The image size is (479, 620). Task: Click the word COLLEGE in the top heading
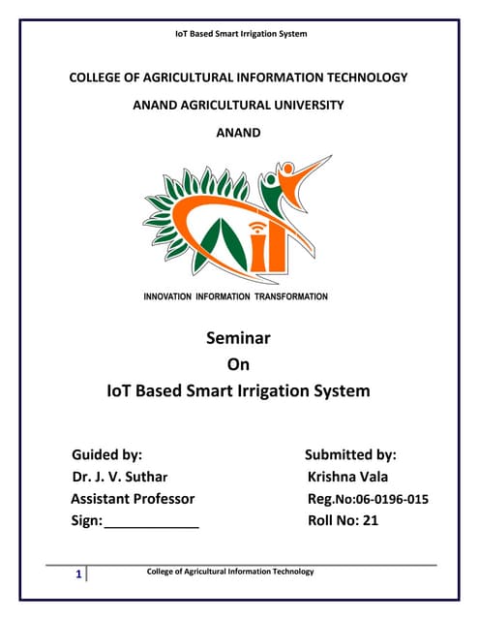[x=100, y=77]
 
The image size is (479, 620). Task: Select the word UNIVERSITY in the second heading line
[x=302, y=105]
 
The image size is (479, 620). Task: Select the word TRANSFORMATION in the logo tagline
[x=290, y=296]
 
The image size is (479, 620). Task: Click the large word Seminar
[x=238, y=339]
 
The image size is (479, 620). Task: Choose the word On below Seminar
[x=238, y=365]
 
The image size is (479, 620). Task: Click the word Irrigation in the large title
[x=282, y=391]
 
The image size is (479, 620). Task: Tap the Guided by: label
[x=107, y=454]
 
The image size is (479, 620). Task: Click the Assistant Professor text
[x=133, y=499]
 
